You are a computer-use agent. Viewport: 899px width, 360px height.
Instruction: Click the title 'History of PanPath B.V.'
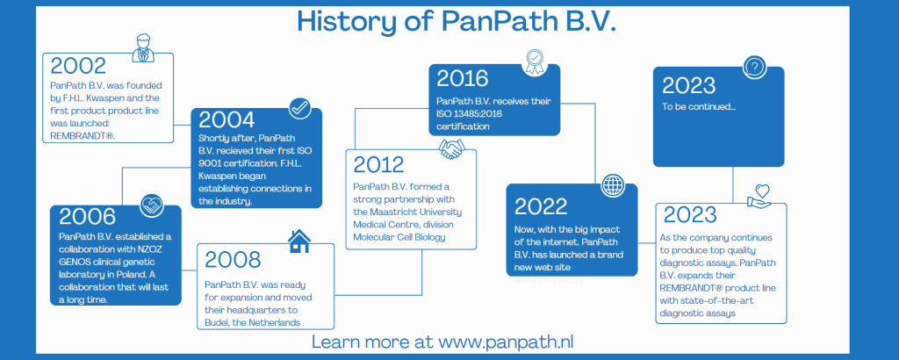pos(457,21)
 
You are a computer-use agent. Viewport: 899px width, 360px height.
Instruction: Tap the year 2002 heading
pos(78,66)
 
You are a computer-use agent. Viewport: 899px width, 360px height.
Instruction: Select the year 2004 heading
pos(227,119)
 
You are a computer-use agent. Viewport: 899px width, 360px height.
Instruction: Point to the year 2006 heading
pos(87,217)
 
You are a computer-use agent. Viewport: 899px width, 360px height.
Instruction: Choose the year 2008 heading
pos(233,260)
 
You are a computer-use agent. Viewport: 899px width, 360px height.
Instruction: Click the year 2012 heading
pos(378,164)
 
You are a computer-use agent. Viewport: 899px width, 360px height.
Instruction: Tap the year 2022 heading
pos(541,206)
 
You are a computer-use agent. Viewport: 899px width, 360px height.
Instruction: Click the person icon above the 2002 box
pos(143,47)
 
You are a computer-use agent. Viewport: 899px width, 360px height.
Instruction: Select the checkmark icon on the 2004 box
pos(300,108)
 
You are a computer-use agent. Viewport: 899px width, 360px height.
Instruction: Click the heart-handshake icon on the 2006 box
pos(153,205)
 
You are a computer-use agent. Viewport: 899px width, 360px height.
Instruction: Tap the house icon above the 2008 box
pos(298,241)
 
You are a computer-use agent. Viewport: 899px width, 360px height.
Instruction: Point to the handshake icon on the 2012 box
pos(452,149)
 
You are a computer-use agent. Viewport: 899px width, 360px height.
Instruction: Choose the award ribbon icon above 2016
pos(534,62)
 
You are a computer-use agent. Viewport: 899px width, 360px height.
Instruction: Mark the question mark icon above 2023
pos(754,68)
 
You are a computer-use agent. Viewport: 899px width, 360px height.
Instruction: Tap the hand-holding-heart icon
pos(759,196)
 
